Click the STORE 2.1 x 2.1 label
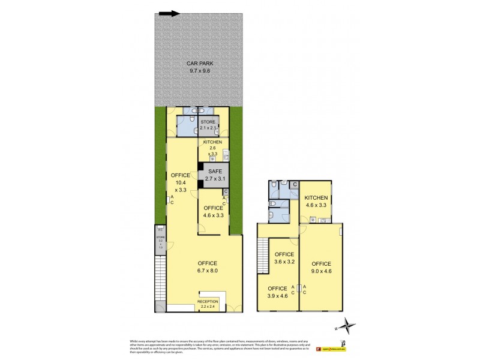point(208,125)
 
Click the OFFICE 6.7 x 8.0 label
point(208,267)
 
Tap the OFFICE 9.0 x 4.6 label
point(321,268)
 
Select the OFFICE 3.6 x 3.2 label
point(284,258)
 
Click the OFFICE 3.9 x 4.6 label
point(277,292)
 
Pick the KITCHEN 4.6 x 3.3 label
point(316,202)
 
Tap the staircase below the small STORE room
point(160,277)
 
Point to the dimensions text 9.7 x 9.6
point(200,71)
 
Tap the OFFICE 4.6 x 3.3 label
point(213,211)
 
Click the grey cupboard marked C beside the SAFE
point(225,192)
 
